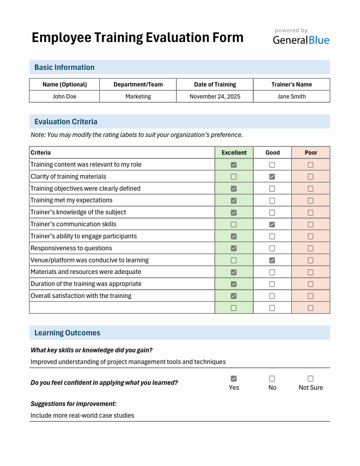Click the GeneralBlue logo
(301, 40)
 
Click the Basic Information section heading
(64, 67)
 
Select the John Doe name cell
(65, 96)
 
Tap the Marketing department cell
(138, 96)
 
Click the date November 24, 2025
(215, 96)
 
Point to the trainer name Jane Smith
(292, 96)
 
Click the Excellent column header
(234, 153)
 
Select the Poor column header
(311, 153)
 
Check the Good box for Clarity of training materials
(272, 177)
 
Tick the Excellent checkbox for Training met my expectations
(234, 201)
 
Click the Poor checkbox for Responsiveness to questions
(311, 248)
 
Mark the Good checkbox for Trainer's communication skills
(272, 225)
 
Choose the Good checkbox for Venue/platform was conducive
(272, 260)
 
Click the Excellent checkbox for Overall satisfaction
(234, 296)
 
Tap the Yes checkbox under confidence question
(234, 378)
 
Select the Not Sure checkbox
(311, 378)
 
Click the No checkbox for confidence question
(272, 378)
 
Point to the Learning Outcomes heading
(67, 333)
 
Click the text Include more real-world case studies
(82, 416)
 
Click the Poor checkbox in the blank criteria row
(311, 308)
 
